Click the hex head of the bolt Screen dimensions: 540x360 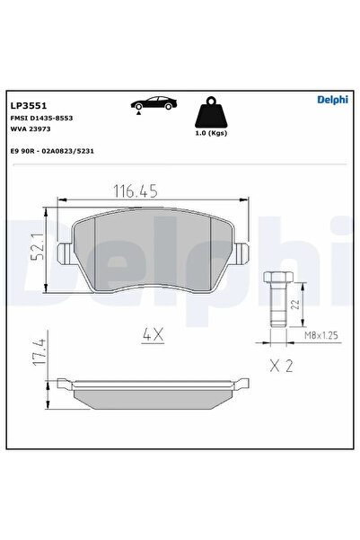pyautogui.click(x=276, y=279)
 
